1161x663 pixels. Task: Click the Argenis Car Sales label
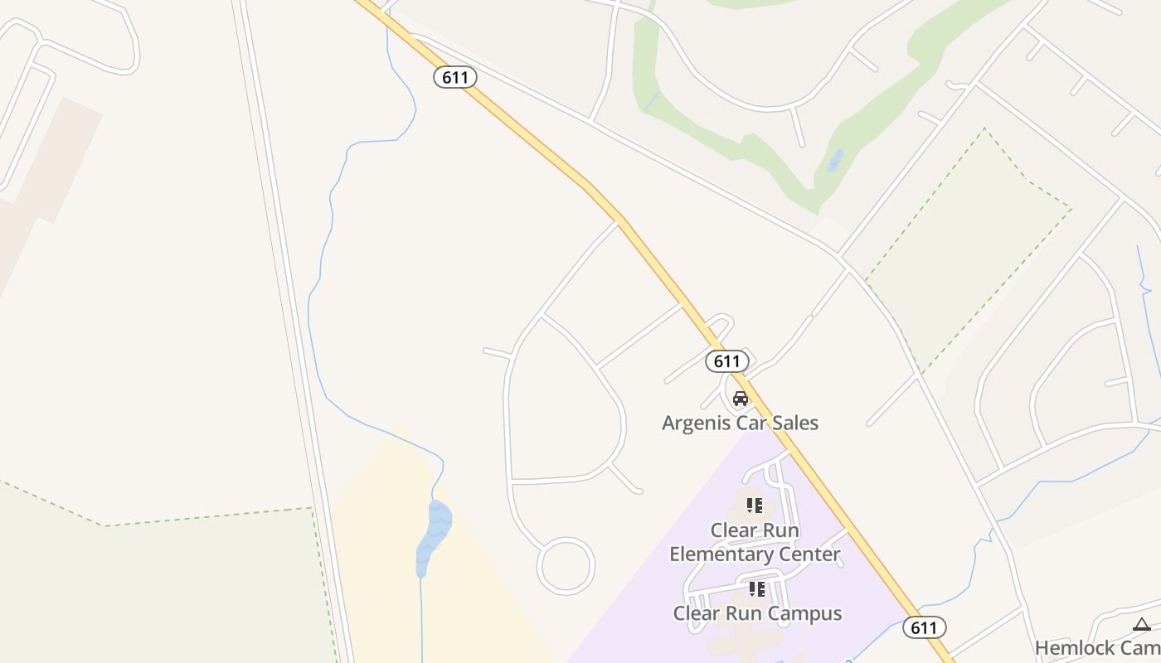(x=740, y=423)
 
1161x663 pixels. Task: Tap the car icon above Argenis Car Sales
(x=740, y=399)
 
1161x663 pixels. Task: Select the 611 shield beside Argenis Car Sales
(x=726, y=361)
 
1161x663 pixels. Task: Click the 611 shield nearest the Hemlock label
(x=924, y=627)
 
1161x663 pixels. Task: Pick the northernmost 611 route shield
(x=454, y=78)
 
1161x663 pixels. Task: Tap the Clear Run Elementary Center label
(x=755, y=542)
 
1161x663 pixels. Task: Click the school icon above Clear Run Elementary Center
(x=755, y=505)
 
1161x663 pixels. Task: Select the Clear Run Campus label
(x=757, y=613)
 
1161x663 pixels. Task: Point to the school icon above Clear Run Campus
(x=756, y=589)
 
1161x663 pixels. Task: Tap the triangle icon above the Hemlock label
(x=1141, y=624)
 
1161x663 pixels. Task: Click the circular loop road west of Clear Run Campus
(x=566, y=565)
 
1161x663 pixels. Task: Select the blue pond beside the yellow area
(x=434, y=535)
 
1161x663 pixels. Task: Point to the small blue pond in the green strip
(x=835, y=161)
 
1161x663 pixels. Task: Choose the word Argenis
(x=693, y=423)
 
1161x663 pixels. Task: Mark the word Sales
(x=795, y=423)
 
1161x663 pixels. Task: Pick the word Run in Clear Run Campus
(x=742, y=613)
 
